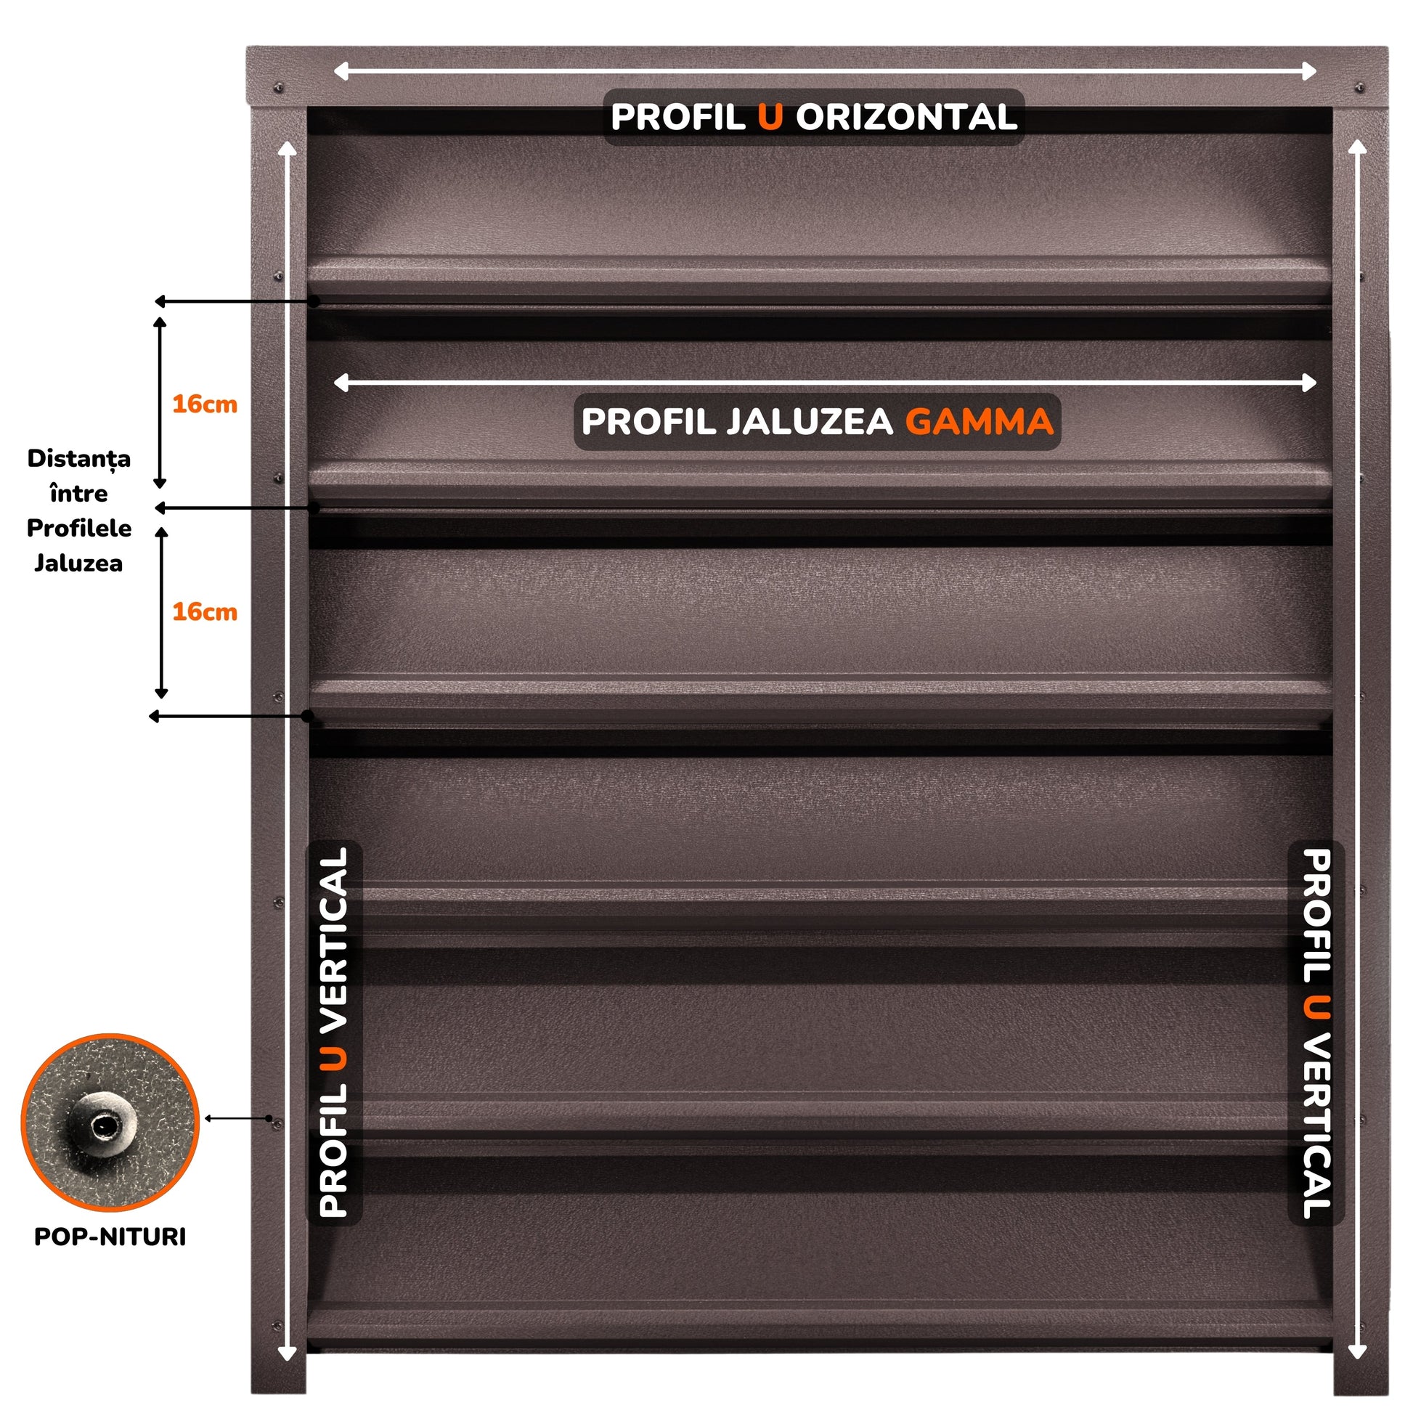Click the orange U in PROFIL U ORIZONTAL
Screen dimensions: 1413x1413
[770, 117]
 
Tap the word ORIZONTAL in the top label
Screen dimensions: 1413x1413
[906, 117]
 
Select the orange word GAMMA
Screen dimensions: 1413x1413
[980, 421]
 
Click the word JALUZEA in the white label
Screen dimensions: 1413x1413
[810, 421]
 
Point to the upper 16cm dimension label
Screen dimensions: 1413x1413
[205, 404]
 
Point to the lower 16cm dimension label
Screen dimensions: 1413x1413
[205, 611]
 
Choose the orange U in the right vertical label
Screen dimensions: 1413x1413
[1316, 1007]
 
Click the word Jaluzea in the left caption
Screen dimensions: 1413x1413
[78, 563]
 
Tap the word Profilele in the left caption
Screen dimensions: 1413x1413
[79, 528]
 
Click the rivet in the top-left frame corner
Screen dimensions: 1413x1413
[278, 89]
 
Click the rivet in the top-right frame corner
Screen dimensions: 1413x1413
[1359, 89]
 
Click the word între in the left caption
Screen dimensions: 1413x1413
[79, 494]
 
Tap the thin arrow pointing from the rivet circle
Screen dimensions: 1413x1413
[237, 1118]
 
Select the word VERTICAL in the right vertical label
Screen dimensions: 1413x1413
[1316, 1126]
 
